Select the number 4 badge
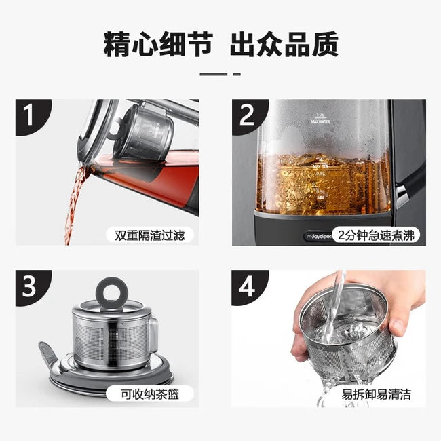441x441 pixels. tap(246, 286)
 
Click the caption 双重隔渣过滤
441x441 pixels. tap(149, 235)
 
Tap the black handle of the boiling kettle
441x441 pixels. tap(410, 176)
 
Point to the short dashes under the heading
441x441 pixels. tap(220, 73)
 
